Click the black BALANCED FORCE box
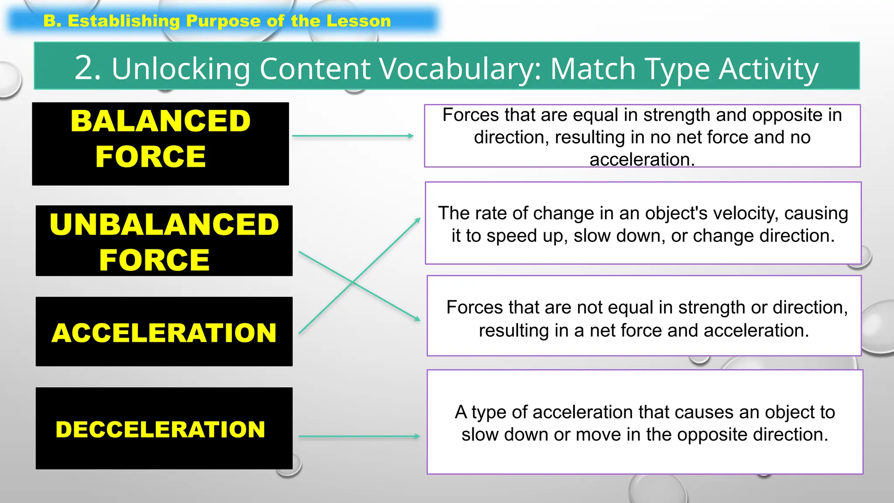click(160, 144)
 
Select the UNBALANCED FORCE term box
click(164, 241)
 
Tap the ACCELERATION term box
click(164, 331)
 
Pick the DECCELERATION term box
click(164, 428)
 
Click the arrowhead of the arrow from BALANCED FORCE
click(411, 136)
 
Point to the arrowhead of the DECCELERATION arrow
click(417, 436)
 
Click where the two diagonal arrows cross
click(353, 283)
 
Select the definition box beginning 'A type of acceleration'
click(645, 422)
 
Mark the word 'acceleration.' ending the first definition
click(642, 160)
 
